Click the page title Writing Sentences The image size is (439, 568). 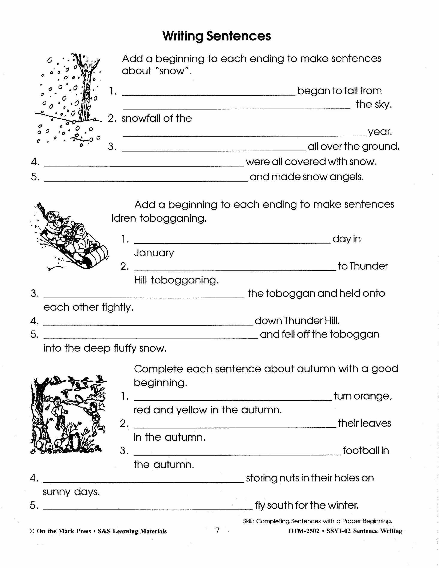point(217,36)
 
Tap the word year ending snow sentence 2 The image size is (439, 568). point(379,132)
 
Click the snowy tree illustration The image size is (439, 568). point(69,100)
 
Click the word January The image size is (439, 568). point(154,253)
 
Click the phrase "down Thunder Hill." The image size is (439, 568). point(297,321)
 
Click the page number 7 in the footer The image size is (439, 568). point(217,530)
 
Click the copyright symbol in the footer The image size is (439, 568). point(32,531)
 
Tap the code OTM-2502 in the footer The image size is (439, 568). point(304,531)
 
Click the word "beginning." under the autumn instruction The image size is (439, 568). point(160,383)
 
